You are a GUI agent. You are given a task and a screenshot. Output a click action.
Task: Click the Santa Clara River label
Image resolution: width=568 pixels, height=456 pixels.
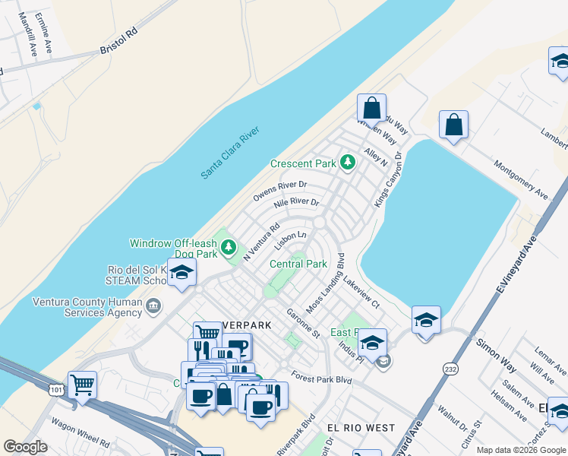point(230,154)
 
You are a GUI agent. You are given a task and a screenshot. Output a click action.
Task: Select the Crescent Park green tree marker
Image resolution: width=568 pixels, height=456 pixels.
point(348,162)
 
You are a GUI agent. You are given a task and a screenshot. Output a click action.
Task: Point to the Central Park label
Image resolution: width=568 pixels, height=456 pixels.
point(298,264)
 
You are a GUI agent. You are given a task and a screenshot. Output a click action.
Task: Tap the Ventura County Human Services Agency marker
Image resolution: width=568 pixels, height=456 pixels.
point(153,307)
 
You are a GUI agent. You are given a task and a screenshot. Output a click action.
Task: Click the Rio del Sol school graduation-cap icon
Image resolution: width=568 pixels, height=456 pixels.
point(182,274)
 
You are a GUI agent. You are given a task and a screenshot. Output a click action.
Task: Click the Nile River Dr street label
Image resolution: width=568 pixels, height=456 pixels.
point(295,209)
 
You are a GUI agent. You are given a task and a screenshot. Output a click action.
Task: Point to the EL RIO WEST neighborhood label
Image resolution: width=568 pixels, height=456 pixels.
point(361,428)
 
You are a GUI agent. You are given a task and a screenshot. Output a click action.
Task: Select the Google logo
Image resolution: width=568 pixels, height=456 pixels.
point(25,447)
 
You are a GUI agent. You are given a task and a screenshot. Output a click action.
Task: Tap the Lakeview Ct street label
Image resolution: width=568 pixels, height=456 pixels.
point(361,291)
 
